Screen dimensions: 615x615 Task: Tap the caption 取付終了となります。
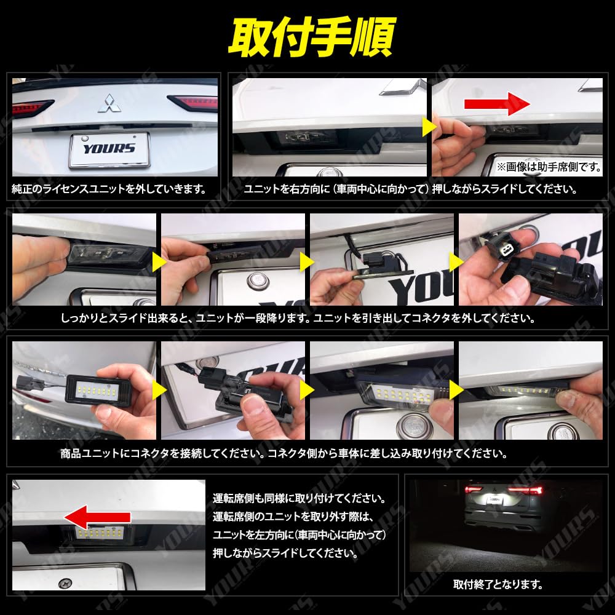point(498,584)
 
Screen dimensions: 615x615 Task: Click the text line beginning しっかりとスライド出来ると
point(298,319)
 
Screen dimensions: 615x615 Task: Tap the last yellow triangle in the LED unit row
point(454,388)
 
